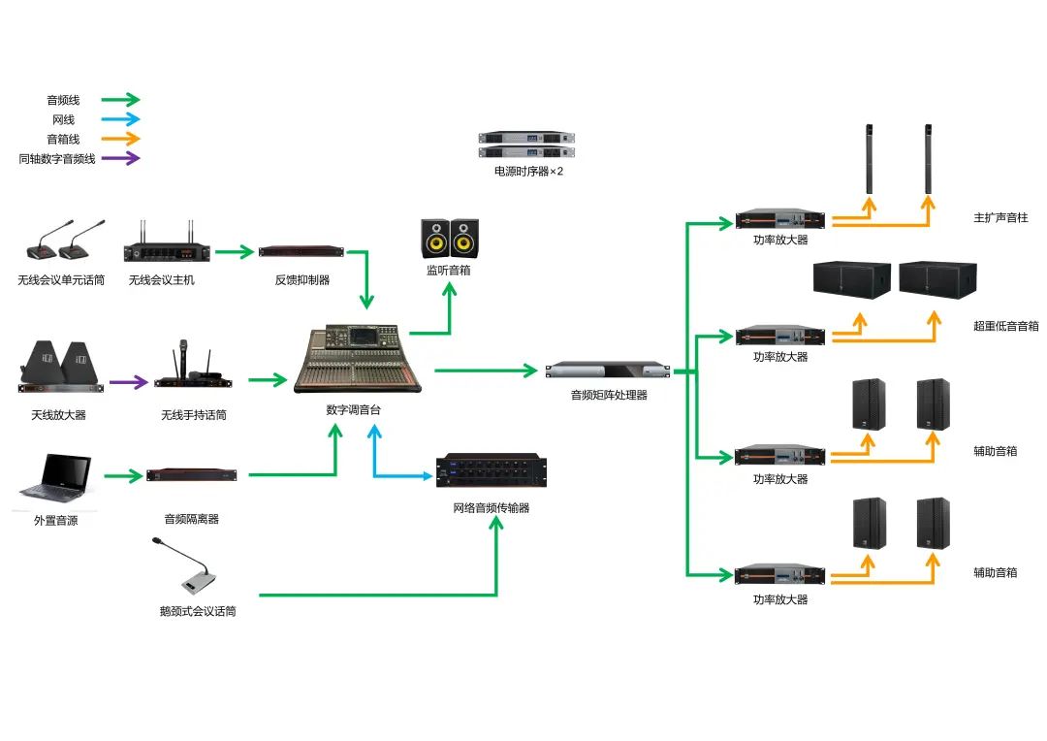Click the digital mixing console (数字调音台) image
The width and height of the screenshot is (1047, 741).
[358, 360]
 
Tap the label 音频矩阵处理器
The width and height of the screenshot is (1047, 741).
[609, 396]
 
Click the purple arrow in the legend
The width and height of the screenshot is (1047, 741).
[121, 158]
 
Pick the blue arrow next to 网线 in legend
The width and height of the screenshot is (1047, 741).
[121, 119]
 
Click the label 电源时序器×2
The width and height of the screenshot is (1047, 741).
[528, 172]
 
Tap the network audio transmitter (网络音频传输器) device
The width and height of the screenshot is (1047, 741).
[491, 473]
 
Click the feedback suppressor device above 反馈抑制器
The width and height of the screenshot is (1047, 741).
[301, 252]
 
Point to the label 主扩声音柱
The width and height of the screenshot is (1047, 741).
[1000, 218]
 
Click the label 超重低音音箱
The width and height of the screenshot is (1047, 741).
[1005, 326]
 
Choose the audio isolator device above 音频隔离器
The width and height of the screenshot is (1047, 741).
[192, 475]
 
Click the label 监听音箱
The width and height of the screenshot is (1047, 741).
[448, 271]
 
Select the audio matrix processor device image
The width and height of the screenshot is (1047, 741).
[608, 371]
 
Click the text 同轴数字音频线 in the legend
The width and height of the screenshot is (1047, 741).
[57, 159]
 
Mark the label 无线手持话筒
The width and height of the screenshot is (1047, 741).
[194, 416]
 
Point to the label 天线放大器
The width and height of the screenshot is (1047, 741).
[58, 416]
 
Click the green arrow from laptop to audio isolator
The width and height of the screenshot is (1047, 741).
[122, 475]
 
